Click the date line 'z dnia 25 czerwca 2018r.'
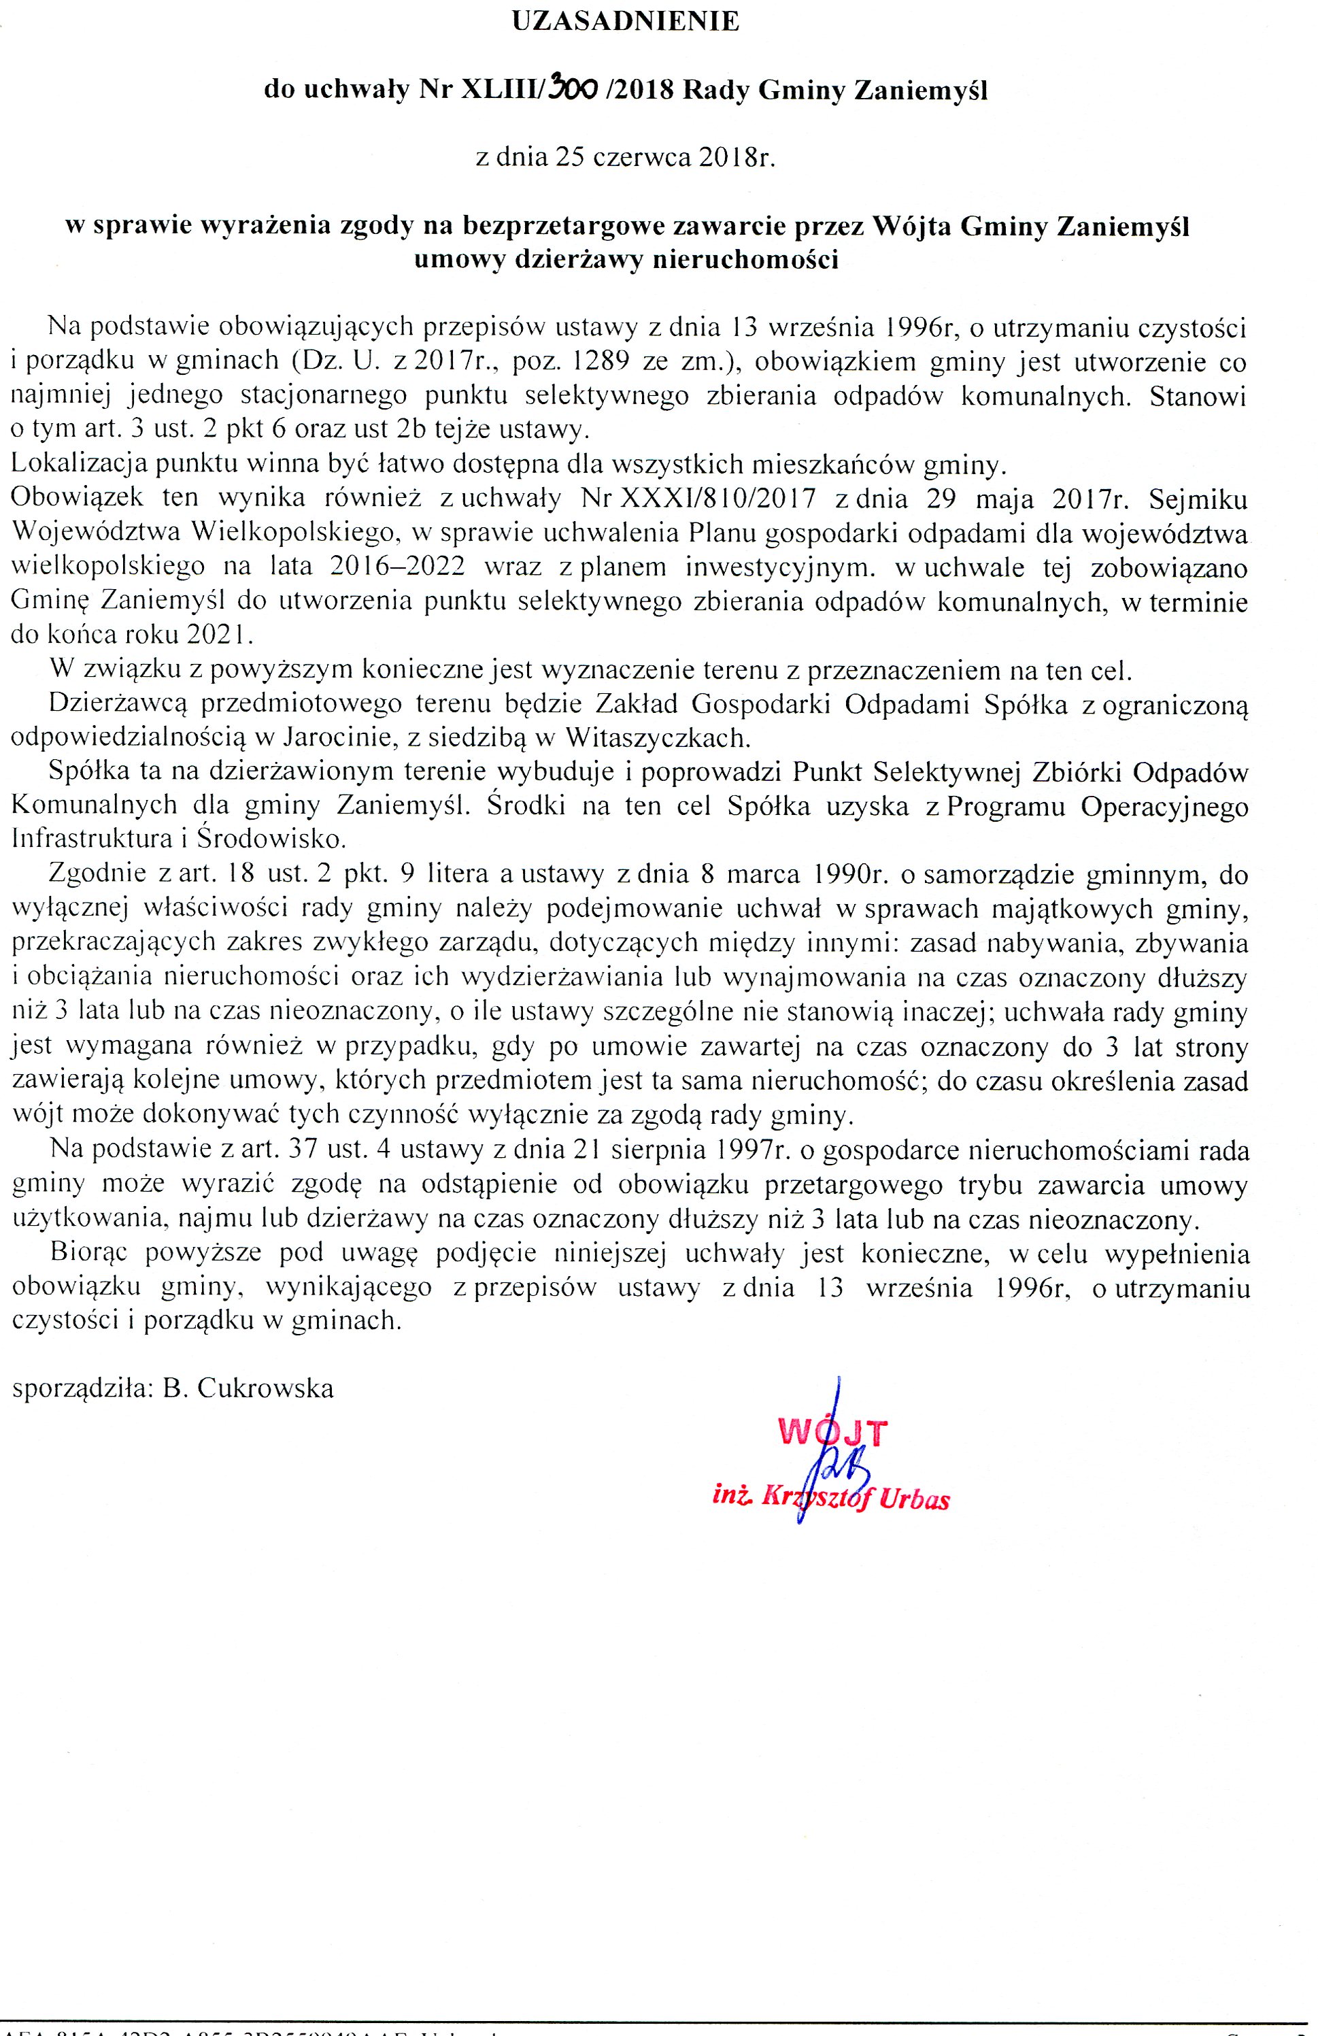(624, 159)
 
